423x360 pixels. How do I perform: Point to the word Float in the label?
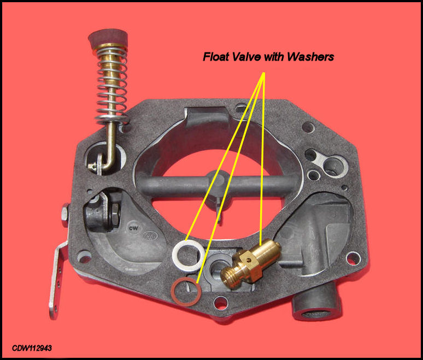coord(216,56)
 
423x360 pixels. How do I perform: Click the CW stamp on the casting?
coord(132,225)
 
